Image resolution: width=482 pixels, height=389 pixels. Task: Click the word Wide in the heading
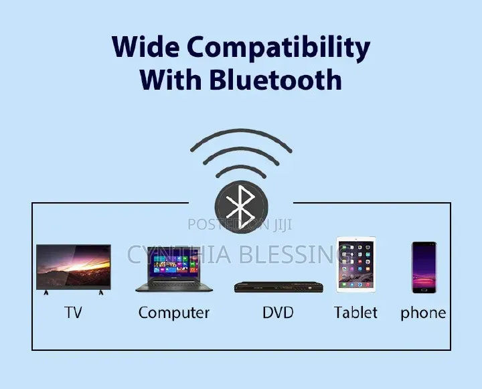coord(145,46)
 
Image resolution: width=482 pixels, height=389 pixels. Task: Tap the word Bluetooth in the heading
coord(275,79)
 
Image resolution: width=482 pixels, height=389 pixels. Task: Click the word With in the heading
coord(171,79)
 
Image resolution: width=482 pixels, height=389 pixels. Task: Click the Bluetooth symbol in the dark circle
coord(241,207)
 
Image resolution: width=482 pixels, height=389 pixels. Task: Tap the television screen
coord(74,267)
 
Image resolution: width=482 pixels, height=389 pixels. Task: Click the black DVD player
coord(278,287)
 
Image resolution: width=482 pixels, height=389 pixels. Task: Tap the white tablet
coord(356,264)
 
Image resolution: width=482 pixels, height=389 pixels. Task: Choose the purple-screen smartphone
coord(424,267)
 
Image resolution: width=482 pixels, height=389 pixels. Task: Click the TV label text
coord(73,313)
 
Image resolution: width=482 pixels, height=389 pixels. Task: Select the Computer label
coord(174,313)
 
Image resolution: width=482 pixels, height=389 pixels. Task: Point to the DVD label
coord(278,313)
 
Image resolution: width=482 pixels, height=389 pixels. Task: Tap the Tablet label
coord(355,313)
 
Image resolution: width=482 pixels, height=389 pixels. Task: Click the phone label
coord(423,313)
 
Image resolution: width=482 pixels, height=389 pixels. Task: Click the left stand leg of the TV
coord(46,292)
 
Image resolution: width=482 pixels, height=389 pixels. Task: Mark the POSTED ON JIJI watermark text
coord(240,224)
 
